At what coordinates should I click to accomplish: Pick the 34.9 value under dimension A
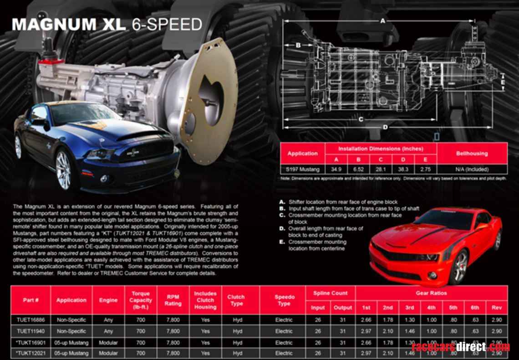coord(336,170)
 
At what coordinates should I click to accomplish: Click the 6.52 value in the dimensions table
coord(358,170)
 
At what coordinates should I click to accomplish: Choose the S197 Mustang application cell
coord(302,170)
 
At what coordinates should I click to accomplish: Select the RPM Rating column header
coord(173,300)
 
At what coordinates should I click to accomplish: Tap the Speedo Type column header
coord(284,300)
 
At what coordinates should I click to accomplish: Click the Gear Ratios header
coord(431,293)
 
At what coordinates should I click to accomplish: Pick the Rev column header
coord(496,308)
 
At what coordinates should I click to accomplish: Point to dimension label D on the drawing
coord(385,127)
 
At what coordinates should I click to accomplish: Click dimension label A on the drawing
coord(382,21)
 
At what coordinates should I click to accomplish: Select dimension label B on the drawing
coord(298,45)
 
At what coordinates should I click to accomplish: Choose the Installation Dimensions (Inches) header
coord(381,149)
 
